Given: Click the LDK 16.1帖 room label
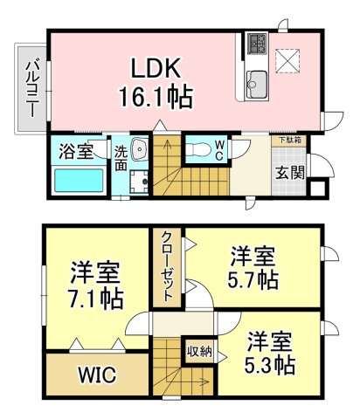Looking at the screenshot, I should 161,81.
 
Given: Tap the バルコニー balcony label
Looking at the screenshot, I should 31,87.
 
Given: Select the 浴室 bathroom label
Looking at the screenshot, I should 77,152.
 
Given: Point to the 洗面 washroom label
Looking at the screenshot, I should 121,157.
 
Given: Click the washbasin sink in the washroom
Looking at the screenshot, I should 140,148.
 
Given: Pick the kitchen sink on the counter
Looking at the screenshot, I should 258,84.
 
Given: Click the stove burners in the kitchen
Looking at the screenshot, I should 258,43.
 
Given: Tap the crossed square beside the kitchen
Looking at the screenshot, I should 287,60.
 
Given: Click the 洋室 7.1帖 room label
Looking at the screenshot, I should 96,285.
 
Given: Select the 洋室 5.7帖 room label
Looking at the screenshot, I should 253,269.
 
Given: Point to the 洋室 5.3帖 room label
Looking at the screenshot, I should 269,352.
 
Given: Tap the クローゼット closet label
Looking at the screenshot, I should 166,266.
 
